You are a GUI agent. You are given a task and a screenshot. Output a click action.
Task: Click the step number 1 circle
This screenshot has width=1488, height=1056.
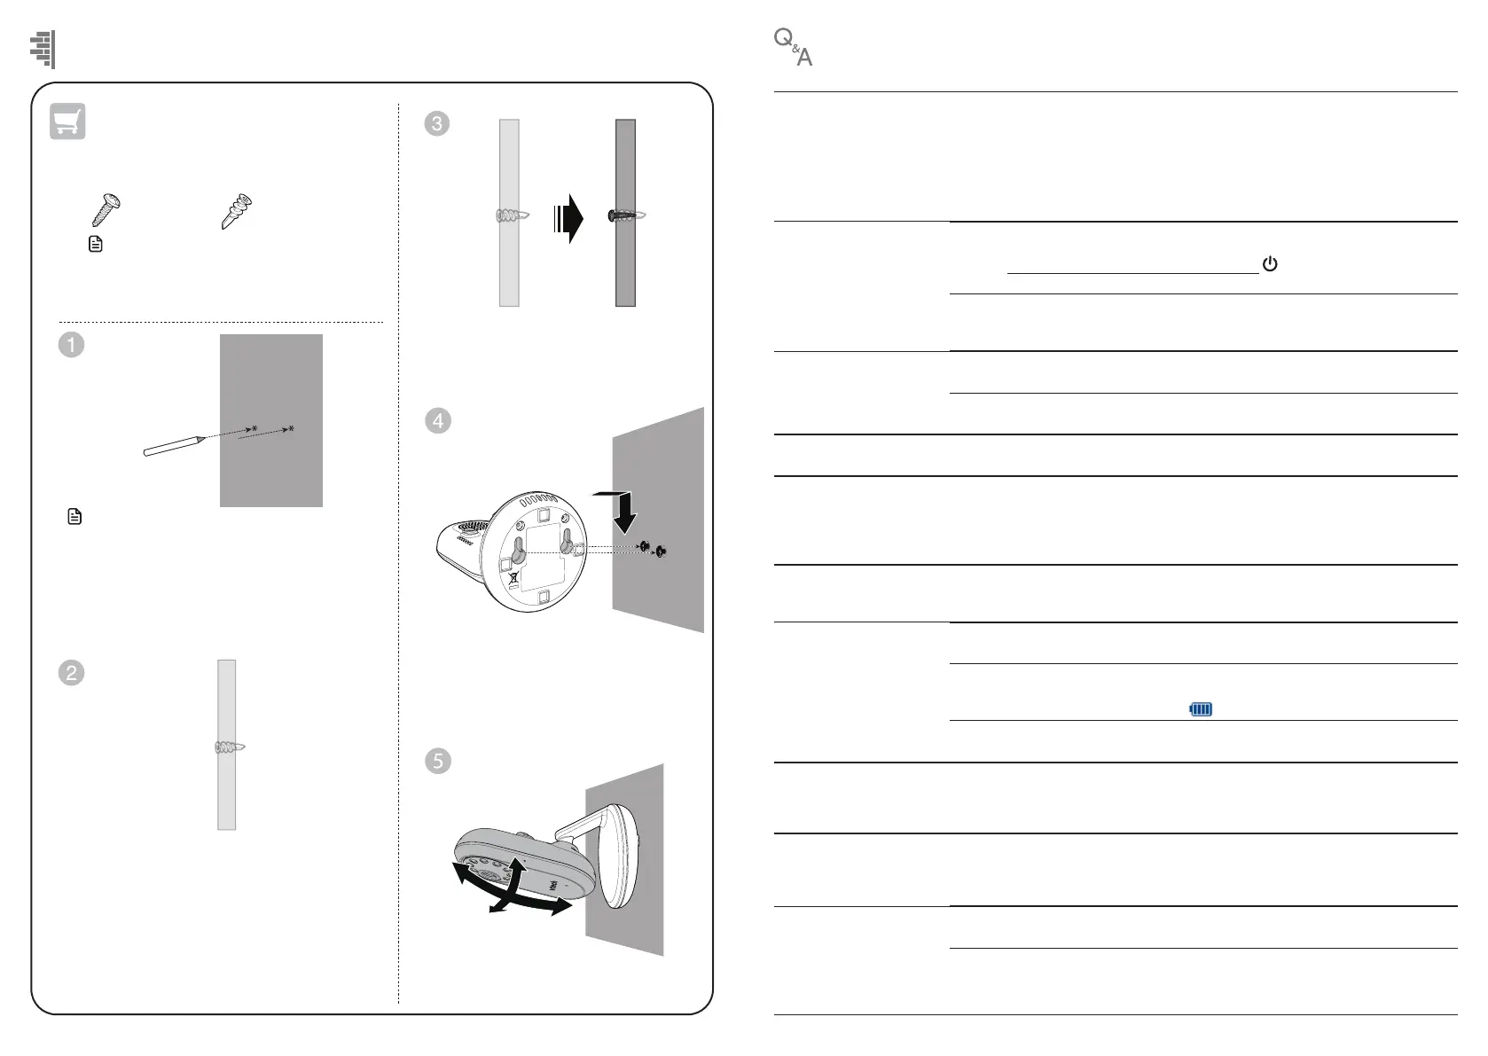coord(71,344)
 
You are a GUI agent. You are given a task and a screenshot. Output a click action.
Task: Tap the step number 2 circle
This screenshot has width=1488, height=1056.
coord(71,673)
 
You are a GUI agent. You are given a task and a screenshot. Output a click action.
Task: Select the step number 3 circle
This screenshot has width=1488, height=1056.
coord(437,123)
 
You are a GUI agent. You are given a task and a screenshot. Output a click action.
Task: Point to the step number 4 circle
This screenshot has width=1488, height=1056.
coord(437,421)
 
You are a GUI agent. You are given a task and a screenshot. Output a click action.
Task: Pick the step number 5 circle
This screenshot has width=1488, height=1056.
coord(437,761)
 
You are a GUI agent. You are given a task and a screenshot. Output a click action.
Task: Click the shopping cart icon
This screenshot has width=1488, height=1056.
coord(68,121)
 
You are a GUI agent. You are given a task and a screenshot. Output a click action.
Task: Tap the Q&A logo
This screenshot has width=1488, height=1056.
coord(793,48)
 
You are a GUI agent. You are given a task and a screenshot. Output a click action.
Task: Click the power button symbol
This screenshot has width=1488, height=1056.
coord(1270,264)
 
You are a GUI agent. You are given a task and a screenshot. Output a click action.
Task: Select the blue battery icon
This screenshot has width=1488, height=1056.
coord(1201,709)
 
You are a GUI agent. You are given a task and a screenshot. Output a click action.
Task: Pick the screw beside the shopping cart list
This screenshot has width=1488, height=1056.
coord(106,209)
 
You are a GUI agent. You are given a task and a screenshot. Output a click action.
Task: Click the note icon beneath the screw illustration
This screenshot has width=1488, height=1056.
coord(96,245)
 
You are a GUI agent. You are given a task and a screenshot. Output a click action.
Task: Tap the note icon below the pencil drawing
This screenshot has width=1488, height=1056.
coord(74,516)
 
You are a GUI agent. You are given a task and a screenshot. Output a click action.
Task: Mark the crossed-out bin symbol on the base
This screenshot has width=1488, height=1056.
coord(514,583)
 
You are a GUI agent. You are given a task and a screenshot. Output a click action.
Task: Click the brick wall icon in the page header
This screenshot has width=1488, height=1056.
coord(43,49)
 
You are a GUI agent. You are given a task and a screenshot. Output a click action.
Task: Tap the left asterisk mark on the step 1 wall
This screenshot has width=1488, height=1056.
coord(255,429)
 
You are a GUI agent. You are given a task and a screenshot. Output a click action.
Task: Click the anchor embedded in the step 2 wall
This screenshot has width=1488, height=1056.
coord(229,748)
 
